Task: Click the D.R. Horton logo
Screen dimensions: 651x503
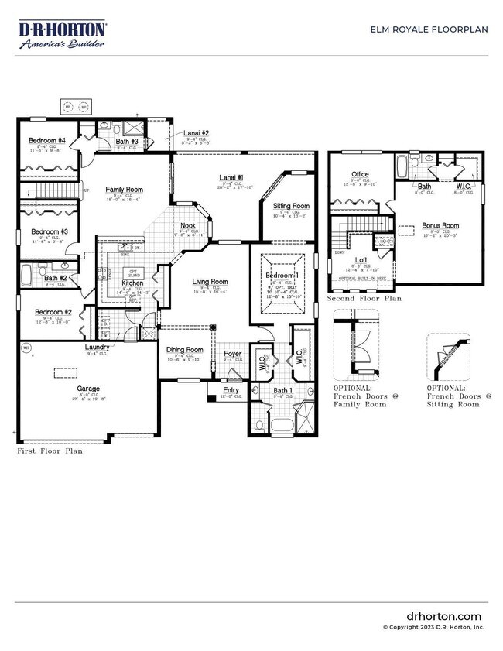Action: click(x=62, y=36)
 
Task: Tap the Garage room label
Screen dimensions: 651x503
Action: click(x=87, y=389)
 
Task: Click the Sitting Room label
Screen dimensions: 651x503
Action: click(x=291, y=206)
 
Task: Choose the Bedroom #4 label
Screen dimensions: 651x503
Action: click(x=47, y=140)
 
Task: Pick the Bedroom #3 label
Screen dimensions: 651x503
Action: click(x=49, y=231)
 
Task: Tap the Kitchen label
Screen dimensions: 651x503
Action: click(x=133, y=283)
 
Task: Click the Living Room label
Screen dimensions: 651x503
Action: click(x=210, y=282)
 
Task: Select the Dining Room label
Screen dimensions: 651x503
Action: click(x=185, y=350)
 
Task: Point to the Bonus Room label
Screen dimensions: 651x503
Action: click(x=440, y=226)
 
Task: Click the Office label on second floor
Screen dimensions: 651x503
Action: click(x=360, y=174)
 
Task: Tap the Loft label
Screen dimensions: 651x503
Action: click(x=361, y=259)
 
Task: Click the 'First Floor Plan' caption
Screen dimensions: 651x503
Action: click(x=50, y=450)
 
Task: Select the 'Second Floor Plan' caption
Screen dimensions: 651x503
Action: click(x=364, y=297)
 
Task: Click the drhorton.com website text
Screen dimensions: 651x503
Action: click(x=443, y=615)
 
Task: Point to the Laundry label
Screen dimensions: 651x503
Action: click(x=97, y=348)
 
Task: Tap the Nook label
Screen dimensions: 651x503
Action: click(x=188, y=226)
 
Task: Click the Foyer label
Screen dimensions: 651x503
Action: click(x=233, y=354)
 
